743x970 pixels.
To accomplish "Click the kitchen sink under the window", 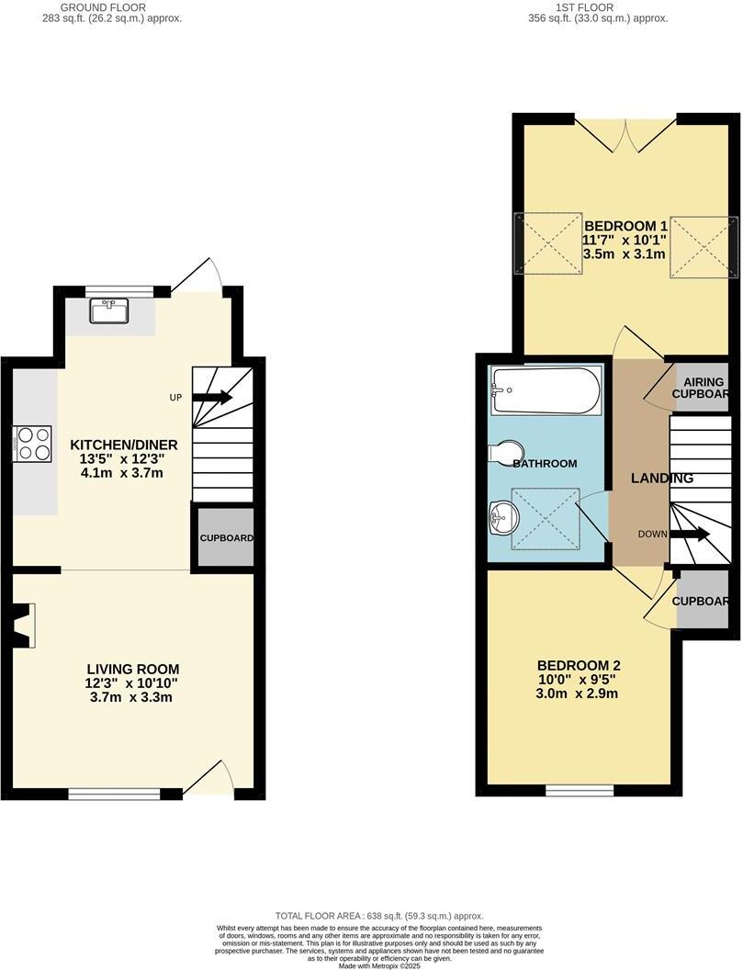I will [108, 311].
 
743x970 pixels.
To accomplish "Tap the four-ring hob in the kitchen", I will [30, 443].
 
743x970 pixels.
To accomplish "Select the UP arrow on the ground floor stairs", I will [212, 398].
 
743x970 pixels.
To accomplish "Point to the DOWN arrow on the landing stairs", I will [690, 534].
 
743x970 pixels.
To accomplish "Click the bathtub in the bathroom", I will [546, 390].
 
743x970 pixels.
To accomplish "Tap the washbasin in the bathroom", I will [501, 517].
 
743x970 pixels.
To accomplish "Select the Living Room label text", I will [132, 682].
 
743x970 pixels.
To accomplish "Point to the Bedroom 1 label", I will [625, 240].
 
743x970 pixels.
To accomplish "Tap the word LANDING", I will [661, 479].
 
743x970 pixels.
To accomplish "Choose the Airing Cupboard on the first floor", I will [702, 388].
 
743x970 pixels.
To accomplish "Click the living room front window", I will [115, 794].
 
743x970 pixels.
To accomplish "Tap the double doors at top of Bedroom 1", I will [625, 133].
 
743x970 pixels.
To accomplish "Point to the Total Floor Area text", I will [379, 916].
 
